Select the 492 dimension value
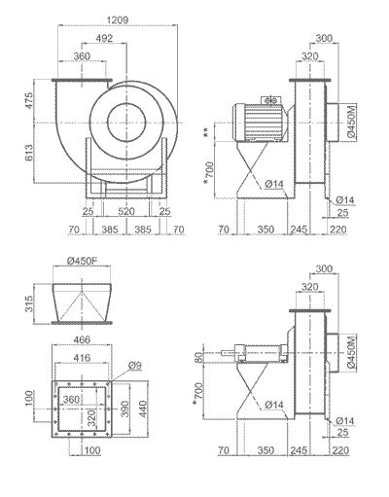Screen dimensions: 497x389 click(x=104, y=39)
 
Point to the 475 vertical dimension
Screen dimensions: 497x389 click(x=30, y=102)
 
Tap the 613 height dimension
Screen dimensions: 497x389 click(x=30, y=153)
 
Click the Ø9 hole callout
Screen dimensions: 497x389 click(x=133, y=365)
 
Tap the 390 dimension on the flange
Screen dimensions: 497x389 click(x=124, y=403)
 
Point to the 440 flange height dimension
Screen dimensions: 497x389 click(x=143, y=403)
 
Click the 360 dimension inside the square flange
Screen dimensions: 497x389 click(x=72, y=399)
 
